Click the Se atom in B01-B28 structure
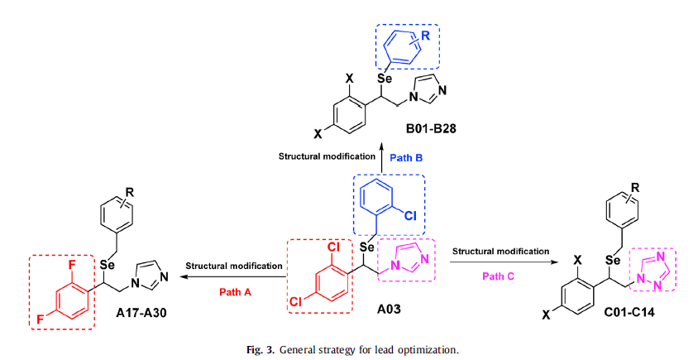click(384, 79)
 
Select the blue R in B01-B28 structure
click(426, 36)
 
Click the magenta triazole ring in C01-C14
click(650, 269)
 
